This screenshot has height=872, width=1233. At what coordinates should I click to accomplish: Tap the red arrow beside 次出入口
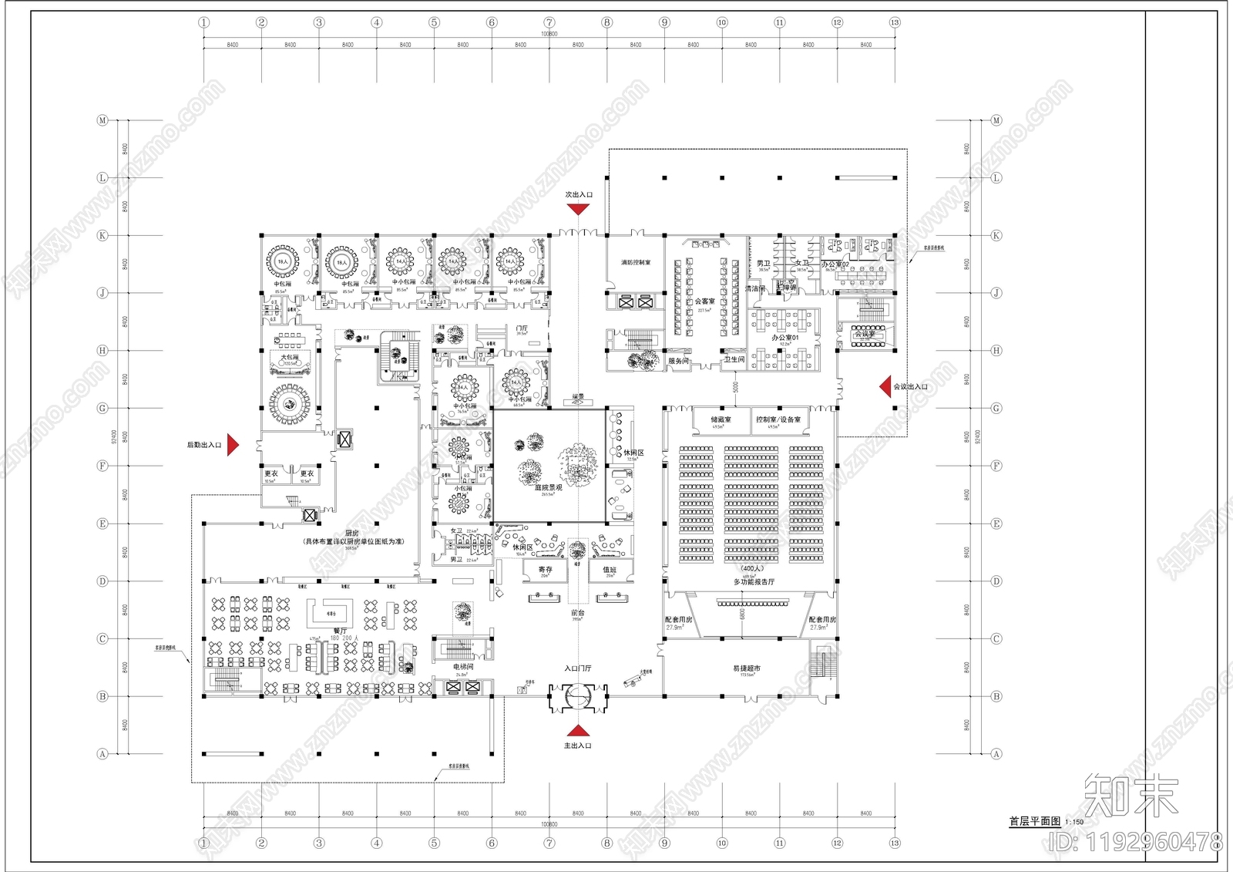578,208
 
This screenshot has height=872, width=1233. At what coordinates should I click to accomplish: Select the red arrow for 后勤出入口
233,445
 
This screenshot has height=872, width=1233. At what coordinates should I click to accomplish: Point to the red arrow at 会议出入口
885,386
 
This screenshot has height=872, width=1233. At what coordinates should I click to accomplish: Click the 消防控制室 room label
636,263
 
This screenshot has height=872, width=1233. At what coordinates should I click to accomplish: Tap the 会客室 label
704,301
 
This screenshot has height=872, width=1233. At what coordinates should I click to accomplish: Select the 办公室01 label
785,338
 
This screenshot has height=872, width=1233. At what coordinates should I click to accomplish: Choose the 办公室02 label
835,264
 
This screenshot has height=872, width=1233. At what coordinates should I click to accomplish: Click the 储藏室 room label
721,419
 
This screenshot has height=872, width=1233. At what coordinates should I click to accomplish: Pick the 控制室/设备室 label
778,419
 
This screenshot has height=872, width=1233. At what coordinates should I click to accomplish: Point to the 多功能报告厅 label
754,582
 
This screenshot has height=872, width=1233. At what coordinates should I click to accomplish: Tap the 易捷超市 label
746,668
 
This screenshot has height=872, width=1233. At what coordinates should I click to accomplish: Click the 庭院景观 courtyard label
548,487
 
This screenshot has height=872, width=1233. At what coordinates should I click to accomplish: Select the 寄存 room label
546,570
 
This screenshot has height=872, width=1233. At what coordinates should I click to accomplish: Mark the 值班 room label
610,570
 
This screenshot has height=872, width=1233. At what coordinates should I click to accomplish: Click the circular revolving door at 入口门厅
578,696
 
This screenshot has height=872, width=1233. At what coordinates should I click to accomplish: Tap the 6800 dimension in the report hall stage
743,614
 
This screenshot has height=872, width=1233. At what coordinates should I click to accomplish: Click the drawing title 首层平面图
1034,821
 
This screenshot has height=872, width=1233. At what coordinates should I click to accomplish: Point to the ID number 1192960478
1136,841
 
